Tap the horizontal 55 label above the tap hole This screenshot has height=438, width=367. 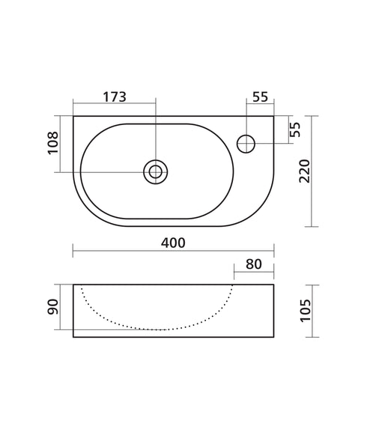click(x=260, y=96)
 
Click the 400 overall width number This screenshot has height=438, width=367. click(x=172, y=243)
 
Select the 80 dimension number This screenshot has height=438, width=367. click(x=253, y=264)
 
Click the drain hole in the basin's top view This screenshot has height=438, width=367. click(x=154, y=171)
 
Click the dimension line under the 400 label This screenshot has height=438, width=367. click(x=172, y=253)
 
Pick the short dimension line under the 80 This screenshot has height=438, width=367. click(x=253, y=275)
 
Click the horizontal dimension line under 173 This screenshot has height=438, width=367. click(x=114, y=104)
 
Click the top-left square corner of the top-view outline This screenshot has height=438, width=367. click(x=73, y=116)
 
